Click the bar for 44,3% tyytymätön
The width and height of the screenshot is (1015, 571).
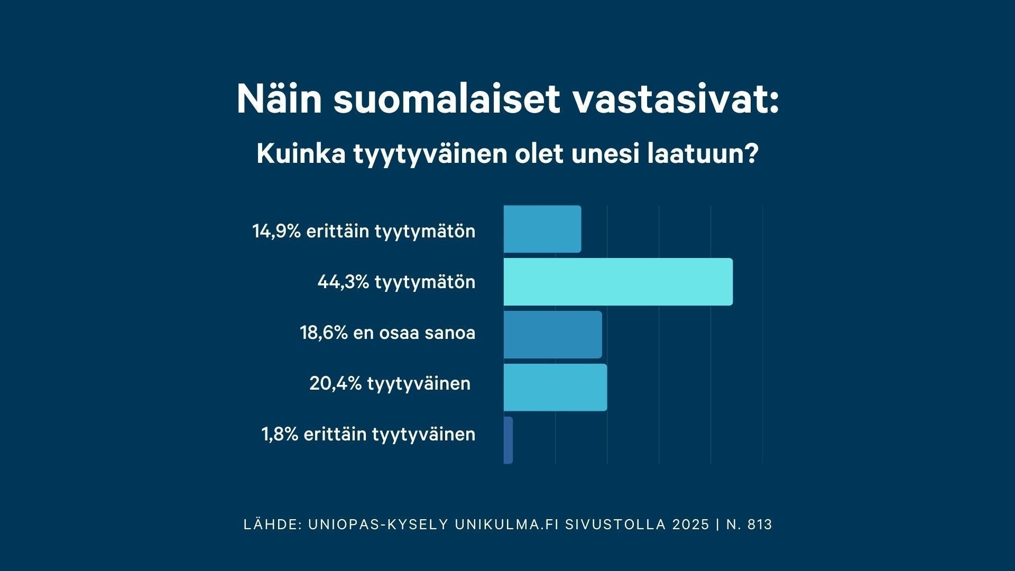tap(617, 282)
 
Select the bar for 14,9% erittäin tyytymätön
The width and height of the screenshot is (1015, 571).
tap(542, 229)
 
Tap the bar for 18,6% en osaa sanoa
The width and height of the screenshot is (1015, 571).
tap(552, 335)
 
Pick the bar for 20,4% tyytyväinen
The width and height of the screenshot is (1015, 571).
tap(555, 388)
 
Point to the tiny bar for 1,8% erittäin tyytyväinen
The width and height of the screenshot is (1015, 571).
tap(508, 440)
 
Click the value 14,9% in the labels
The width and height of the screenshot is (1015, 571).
tap(276, 232)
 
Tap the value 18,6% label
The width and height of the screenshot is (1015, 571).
tap(324, 333)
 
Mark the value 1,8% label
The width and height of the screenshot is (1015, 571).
tap(280, 435)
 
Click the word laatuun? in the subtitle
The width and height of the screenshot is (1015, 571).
tap(703, 154)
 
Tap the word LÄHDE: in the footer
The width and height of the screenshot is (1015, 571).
tap(273, 524)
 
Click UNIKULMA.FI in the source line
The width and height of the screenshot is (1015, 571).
tap(506, 524)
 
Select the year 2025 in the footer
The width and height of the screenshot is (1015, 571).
tap(691, 524)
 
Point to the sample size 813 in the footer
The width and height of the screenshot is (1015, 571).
tap(761, 524)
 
